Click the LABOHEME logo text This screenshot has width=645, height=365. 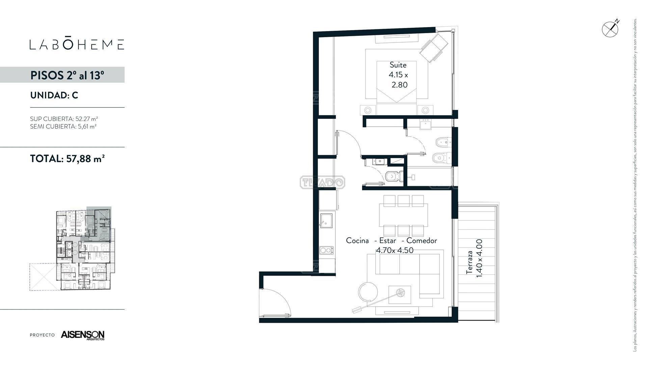[x=77, y=44]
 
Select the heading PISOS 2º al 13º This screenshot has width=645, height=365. [x=67, y=75]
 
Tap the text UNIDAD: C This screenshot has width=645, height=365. [x=54, y=95]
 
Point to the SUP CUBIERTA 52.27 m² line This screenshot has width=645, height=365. [x=64, y=119]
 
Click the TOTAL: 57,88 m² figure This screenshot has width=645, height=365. [x=67, y=159]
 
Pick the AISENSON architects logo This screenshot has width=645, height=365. [x=83, y=335]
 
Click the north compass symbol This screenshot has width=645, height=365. [x=610, y=29]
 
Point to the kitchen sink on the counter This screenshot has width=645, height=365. [x=326, y=220]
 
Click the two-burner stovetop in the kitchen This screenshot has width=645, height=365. [x=326, y=250]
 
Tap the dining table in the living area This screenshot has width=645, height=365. [x=403, y=215]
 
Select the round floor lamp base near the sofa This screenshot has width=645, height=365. [x=369, y=292]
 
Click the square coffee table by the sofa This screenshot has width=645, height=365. [x=400, y=295]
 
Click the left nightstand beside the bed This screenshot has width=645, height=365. [x=368, y=110]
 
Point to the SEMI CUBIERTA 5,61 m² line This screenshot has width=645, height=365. [x=63, y=126]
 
